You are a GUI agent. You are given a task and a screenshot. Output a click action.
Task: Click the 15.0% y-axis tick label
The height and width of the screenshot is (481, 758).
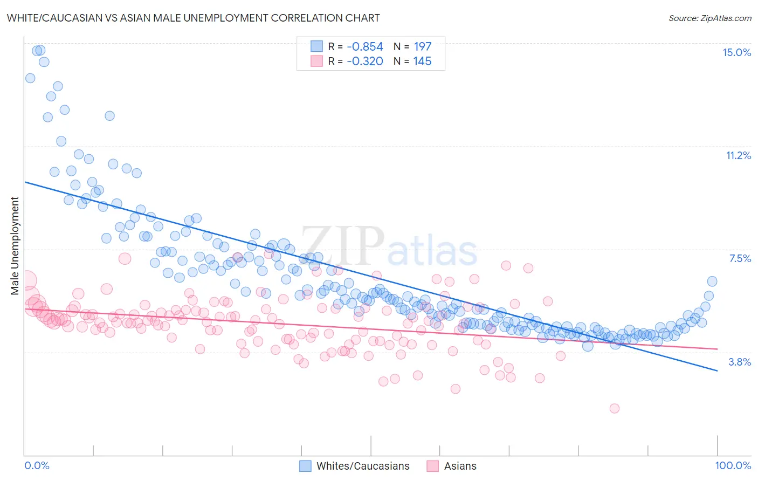pyautogui.click(x=736, y=52)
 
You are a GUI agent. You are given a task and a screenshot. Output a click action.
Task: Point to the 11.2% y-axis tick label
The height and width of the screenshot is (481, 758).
pyautogui.click(x=738, y=155)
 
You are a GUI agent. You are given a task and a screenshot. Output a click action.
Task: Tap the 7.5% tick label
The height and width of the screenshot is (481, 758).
pyautogui.click(x=740, y=258)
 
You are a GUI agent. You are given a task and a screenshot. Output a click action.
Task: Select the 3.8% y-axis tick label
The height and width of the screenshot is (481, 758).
pyautogui.click(x=740, y=362)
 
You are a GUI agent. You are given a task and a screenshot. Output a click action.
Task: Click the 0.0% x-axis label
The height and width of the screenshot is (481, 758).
pyautogui.click(x=37, y=465)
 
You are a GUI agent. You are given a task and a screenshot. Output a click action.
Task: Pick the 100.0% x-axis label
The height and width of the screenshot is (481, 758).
pyautogui.click(x=733, y=465)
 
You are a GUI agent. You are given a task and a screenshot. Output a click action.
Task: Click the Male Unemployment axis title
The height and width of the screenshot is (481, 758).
pyautogui.click(x=15, y=246)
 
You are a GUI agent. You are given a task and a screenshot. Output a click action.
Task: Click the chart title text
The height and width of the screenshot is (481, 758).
pyautogui.click(x=193, y=18)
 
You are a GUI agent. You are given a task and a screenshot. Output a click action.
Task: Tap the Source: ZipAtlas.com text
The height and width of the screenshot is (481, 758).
pyautogui.click(x=709, y=18)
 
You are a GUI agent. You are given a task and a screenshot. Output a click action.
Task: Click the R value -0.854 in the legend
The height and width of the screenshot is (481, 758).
pyautogui.click(x=364, y=47)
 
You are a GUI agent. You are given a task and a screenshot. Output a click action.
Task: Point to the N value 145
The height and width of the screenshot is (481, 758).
pyautogui.click(x=422, y=61)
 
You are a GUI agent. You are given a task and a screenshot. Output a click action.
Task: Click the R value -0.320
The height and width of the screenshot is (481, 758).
pyautogui.click(x=364, y=61)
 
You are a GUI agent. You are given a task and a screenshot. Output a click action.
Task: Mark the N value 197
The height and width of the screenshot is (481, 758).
pyautogui.click(x=422, y=47)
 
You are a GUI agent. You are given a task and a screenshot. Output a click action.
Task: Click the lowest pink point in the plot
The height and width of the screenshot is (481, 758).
pyautogui.click(x=614, y=408)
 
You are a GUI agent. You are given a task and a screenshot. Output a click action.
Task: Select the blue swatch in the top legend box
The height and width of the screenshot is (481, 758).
pyautogui.click(x=316, y=46)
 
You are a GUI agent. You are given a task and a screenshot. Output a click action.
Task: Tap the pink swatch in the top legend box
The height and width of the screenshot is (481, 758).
pyautogui.click(x=316, y=61)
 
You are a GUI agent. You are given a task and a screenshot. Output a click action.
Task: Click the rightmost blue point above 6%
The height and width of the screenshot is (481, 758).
pyautogui.click(x=712, y=281)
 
